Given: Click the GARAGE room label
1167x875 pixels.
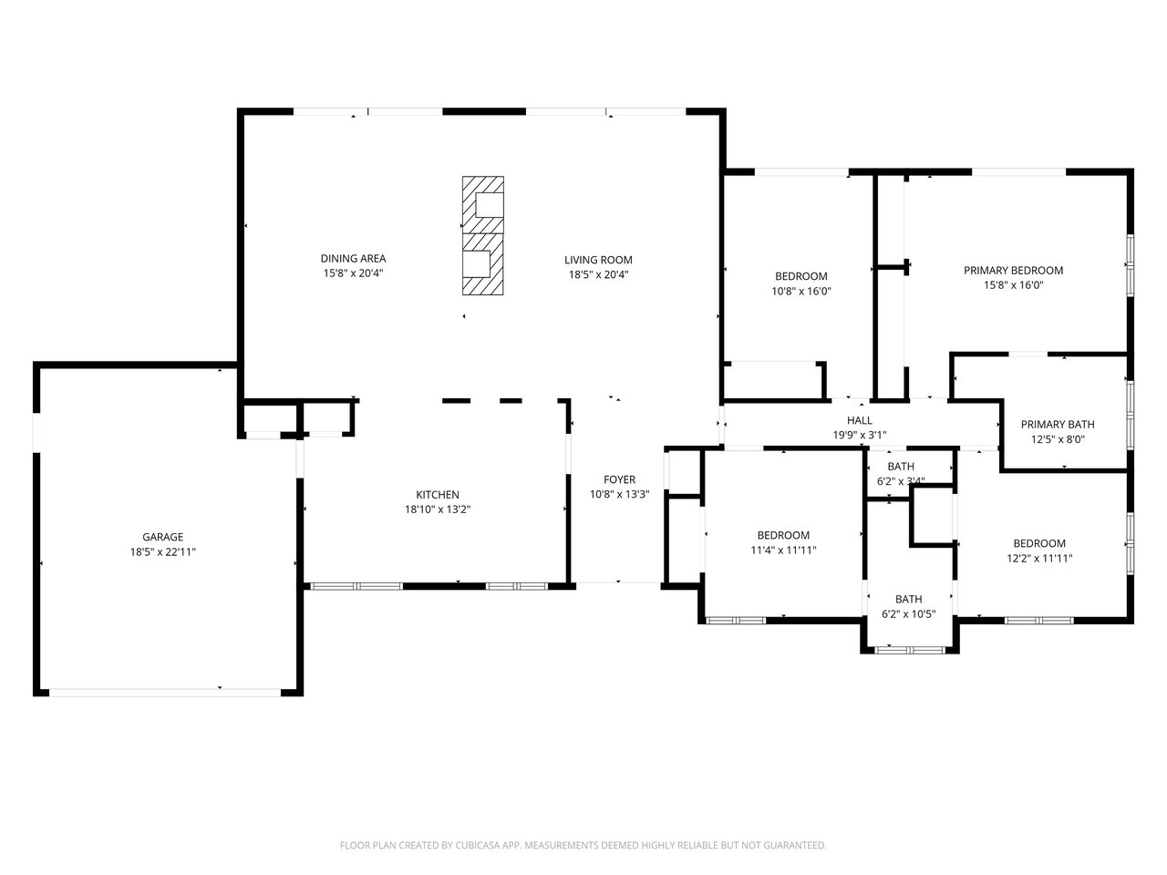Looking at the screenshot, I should (162, 537).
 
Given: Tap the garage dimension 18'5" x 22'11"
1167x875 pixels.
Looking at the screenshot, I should (162, 551).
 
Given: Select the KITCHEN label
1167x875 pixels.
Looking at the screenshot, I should (438, 495).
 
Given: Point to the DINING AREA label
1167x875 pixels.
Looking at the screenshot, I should (353, 259).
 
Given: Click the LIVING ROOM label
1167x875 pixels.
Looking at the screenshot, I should (598, 260).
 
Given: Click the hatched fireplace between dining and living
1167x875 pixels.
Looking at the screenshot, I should (481, 235).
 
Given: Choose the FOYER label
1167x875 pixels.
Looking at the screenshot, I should (619, 480).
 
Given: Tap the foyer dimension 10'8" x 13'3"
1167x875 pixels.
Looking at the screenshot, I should (619, 495).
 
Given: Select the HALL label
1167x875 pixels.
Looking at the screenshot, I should (859, 420).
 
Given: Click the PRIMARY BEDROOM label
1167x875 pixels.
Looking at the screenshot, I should (1013, 270).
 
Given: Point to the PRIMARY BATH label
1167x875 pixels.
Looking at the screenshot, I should (1057, 424).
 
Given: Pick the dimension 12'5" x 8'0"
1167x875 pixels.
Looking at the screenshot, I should (1057, 438).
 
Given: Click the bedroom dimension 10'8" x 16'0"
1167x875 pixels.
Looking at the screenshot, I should (800, 292).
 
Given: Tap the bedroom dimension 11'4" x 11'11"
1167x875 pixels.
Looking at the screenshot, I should (783, 550).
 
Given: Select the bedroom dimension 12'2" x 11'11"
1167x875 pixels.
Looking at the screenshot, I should (1038, 558).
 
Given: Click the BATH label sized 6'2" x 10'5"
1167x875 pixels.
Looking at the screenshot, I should (908, 599).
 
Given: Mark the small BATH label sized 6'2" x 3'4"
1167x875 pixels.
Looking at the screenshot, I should (901, 467).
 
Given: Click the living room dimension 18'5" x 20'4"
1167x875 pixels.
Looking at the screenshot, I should (598, 274).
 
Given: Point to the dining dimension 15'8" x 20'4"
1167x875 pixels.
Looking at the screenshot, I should (353, 273).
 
